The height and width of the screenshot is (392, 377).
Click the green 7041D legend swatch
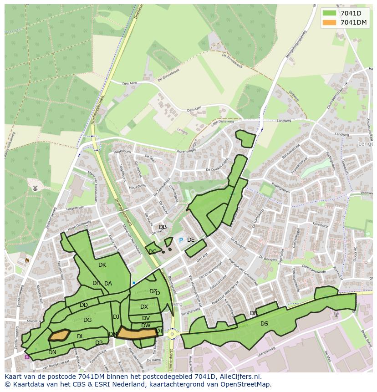pyautogui.click(x=330, y=13)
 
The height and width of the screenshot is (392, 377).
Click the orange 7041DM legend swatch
pyautogui.click(x=330, y=22)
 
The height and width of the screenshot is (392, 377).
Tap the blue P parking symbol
pyautogui.click(x=181, y=240)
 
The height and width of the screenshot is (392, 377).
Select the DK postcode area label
pyautogui.click(x=102, y=265)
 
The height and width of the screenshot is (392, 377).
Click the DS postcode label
pyautogui.click(x=264, y=324)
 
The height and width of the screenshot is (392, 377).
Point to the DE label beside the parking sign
pyautogui.click(x=191, y=240)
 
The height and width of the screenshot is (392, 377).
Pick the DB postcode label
pyautogui.click(x=163, y=227)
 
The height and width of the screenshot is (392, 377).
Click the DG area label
pyautogui.click(x=87, y=320)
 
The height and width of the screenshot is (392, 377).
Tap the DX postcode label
pyautogui.click(x=144, y=307)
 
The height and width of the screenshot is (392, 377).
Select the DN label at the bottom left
pyautogui.click(x=52, y=352)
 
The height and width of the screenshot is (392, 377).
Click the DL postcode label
pyautogui.click(x=80, y=336)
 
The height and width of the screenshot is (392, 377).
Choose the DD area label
pyautogui.click(x=84, y=305)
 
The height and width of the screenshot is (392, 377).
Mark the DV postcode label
pyautogui.click(x=146, y=318)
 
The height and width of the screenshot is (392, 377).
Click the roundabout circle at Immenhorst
pyautogui.click(x=172, y=334)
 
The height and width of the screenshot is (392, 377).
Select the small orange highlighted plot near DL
pyautogui.click(x=59, y=336)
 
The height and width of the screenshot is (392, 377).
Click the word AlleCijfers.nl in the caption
pyautogui.click(x=239, y=377)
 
